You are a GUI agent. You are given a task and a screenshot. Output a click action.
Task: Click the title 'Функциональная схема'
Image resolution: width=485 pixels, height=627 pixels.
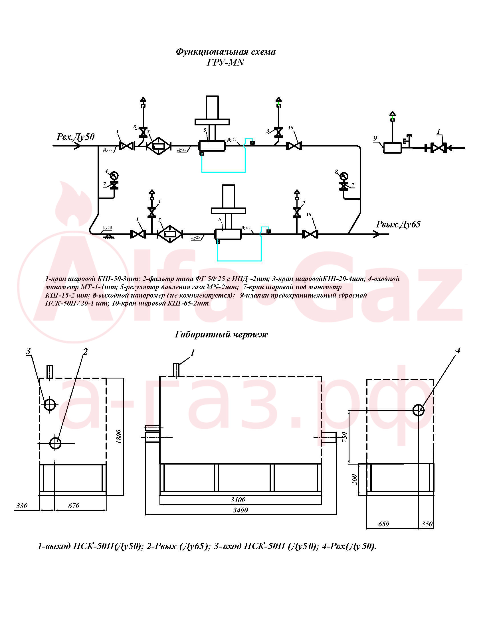[x=226, y=52]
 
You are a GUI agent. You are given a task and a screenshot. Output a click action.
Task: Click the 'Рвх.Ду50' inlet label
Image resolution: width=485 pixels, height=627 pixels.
[x=75, y=137]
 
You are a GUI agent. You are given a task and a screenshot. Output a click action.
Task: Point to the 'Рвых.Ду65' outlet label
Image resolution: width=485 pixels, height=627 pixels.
[x=398, y=224]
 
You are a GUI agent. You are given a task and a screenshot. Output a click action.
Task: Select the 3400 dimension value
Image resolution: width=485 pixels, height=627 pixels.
[x=241, y=510]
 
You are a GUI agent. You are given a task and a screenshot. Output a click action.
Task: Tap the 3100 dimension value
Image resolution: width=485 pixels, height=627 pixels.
[x=238, y=500]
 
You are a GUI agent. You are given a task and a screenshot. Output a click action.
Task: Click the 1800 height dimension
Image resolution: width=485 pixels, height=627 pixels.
[x=119, y=437]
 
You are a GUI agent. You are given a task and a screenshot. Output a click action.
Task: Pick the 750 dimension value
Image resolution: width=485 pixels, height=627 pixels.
[x=345, y=437]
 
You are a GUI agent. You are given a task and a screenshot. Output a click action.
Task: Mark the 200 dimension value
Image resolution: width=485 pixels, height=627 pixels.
[x=354, y=480]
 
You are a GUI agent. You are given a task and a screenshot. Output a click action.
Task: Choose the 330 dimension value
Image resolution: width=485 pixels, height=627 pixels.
[x=22, y=506]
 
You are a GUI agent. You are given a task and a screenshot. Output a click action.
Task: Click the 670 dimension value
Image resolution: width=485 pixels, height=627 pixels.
[x=74, y=506]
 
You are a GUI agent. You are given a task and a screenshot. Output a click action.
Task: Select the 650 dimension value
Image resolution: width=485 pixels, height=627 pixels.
[x=383, y=524]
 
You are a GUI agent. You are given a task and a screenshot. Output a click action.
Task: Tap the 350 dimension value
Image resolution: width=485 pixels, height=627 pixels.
[x=427, y=524]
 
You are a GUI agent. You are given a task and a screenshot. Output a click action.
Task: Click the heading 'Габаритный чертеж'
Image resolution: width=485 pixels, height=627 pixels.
[x=221, y=335]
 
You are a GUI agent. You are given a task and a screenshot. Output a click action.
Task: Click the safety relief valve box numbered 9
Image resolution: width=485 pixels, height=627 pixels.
[x=393, y=148]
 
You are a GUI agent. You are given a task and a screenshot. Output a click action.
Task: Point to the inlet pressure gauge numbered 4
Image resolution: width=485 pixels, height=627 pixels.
[x=114, y=175]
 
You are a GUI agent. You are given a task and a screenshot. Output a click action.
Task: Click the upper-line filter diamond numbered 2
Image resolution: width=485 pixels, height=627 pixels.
[x=159, y=146]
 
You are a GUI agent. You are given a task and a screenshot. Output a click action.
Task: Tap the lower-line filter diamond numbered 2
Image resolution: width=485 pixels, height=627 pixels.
[x=170, y=234]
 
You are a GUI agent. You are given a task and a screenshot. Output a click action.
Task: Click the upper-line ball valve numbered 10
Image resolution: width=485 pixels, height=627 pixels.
[x=294, y=146]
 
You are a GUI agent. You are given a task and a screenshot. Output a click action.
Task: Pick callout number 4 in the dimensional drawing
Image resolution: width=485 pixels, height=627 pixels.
[x=457, y=351]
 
